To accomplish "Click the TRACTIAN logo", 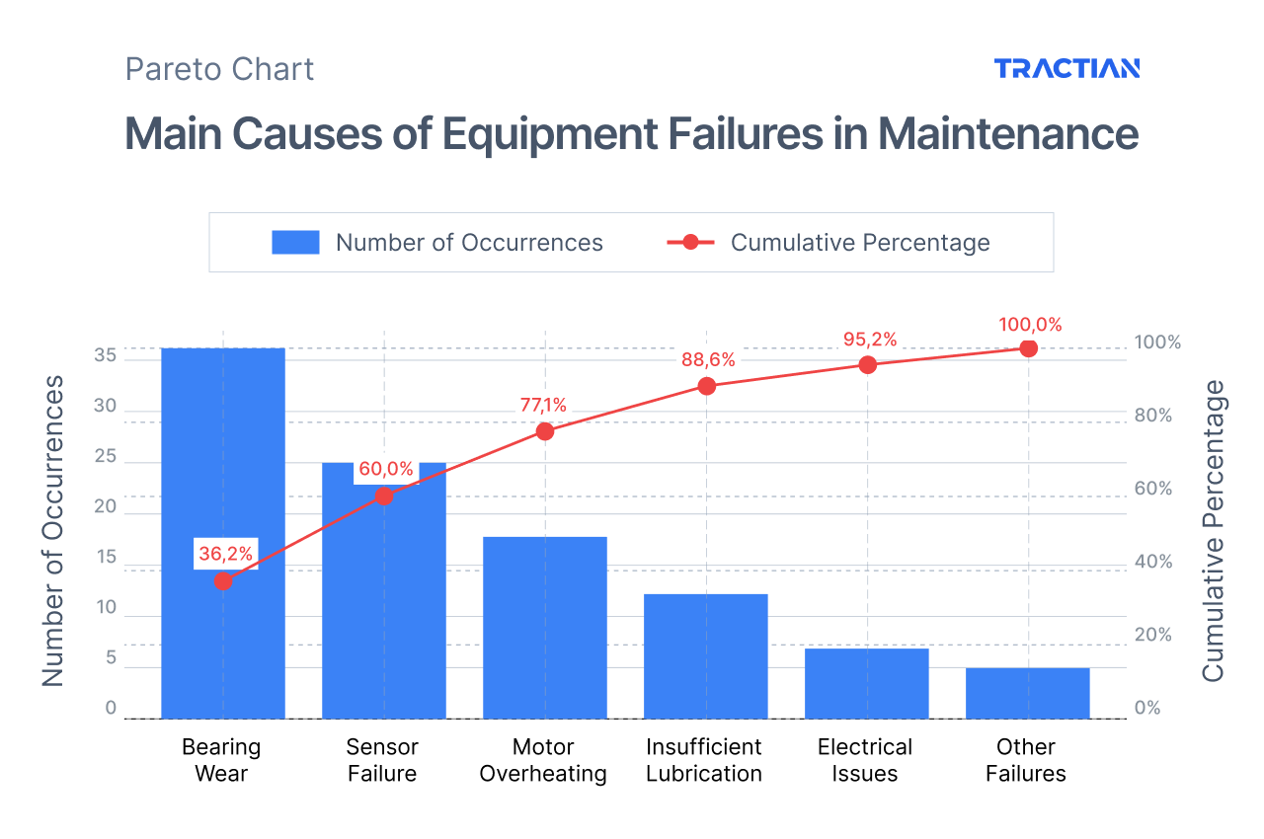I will pos(1066,68).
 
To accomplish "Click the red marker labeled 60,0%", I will pos(384,496).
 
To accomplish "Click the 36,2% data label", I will pos(226,554).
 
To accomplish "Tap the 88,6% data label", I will pos(708,360).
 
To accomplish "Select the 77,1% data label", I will pos(543,405).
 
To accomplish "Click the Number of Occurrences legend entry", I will pos(437,243).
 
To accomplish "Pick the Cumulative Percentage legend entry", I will pos(829,243).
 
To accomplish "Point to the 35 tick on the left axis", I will pos(105,355).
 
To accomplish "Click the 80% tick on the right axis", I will pos(1152,416).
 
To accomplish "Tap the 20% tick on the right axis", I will pos(1152,635).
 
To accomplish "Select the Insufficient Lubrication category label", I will pos(704,760).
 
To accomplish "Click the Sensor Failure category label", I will pos(382,760).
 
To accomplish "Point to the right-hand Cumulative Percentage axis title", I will pos(1213,530).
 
